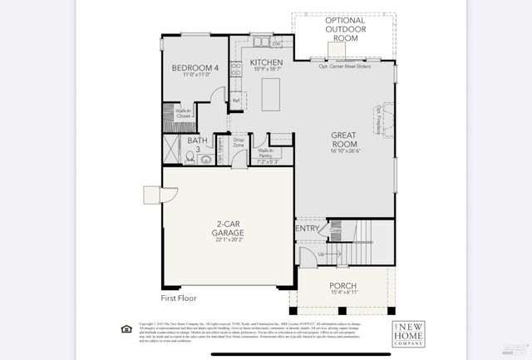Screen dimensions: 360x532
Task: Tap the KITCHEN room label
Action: pyautogui.click(x=266, y=62)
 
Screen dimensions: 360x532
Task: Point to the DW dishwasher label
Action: pyautogui.click(x=275, y=43)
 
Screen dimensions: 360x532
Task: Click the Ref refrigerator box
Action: pyautogui.click(x=236, y=101)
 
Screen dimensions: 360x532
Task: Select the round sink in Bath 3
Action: pyautogui.click(x=206, y=159)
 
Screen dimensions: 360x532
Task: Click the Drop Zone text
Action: pyautogui.click(x=239, y=143)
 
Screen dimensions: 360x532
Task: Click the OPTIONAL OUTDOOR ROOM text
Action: pyautogui.click(x=344, y=28)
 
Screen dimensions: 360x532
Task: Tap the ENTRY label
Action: pyautogui.click(x=307, y=229)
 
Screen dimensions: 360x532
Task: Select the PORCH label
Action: pyautogui.click(x=342, y=285)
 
